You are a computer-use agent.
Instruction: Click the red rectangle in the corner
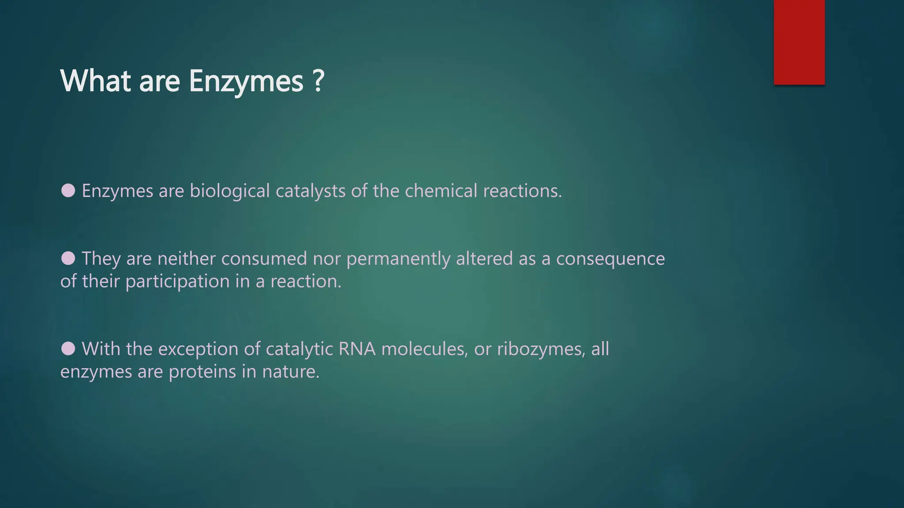[799, 42]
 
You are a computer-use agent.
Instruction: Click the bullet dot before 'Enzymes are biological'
[68, 190]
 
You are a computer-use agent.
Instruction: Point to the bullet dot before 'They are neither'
[68, 258]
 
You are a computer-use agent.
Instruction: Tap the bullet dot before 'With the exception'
[68, 348]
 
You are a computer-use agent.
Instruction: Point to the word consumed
[264, 258]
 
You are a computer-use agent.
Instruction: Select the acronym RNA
[357, 349]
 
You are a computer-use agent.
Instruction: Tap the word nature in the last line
[290, 372]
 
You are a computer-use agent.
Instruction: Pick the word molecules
[424, 349]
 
